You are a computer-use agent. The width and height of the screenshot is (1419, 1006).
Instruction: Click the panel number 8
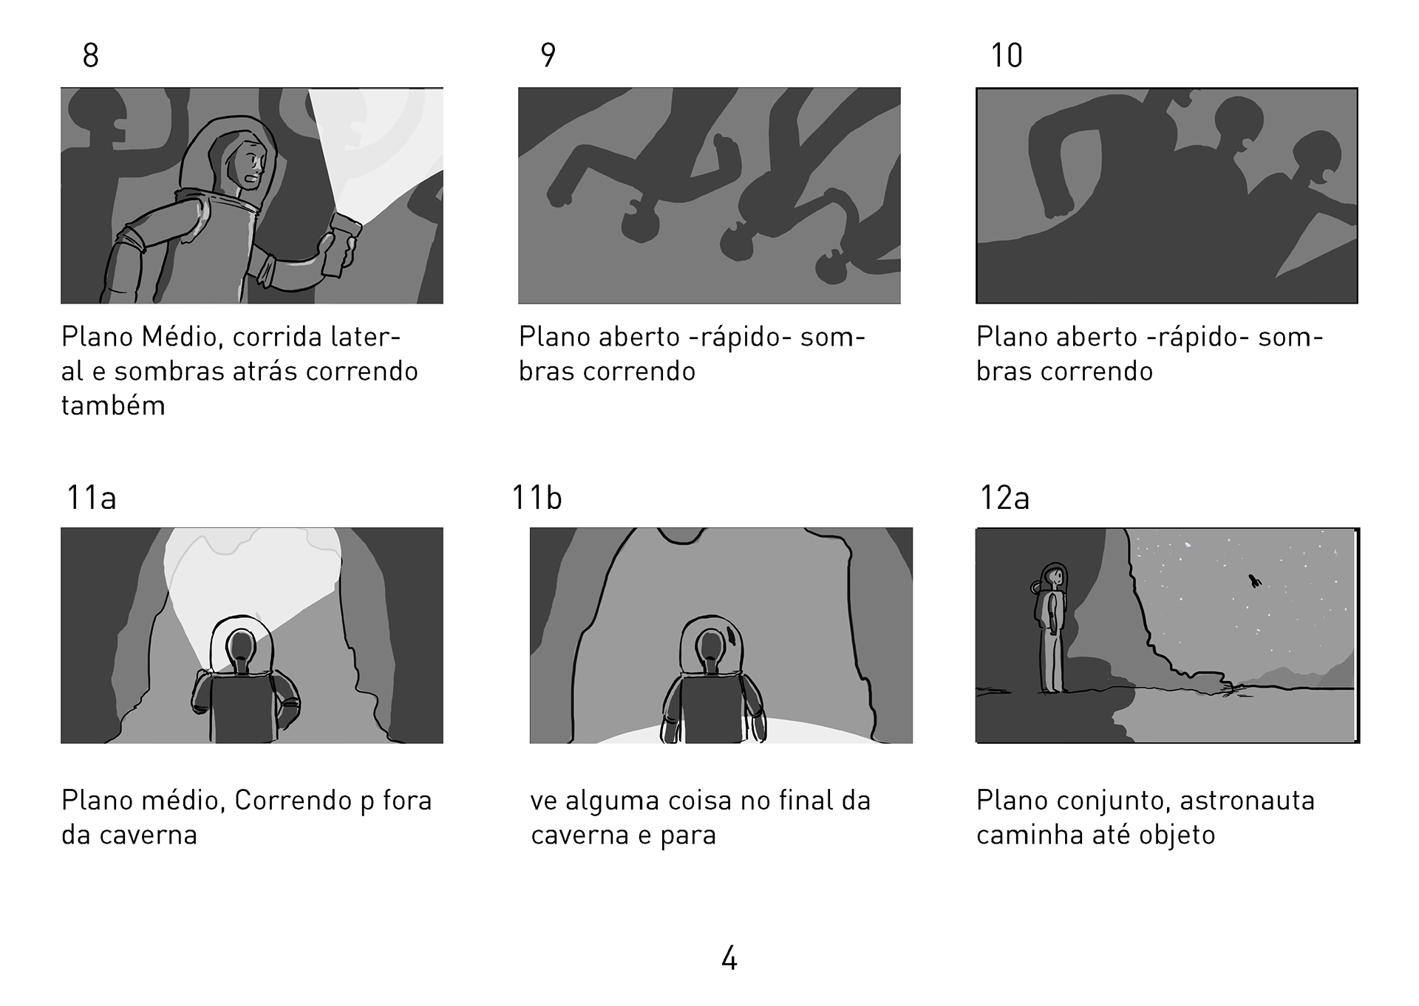(x=91, y=55)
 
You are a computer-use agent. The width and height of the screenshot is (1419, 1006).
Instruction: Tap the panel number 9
(x=548, y=55)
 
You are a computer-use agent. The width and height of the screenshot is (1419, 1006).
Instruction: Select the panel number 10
(x=1006, y=55)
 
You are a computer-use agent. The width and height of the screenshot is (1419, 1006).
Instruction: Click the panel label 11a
(x=92, y=498)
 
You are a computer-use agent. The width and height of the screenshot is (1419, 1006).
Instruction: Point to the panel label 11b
(x=537, y=498)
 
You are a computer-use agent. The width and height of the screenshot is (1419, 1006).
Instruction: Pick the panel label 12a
(x=1004, y=498)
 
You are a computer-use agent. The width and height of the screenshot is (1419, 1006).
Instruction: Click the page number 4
(x=729, y=959)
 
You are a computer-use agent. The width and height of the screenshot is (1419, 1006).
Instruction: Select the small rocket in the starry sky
(x=1254, y=581)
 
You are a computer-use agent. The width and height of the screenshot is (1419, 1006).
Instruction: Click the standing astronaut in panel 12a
(x=1051, y=628)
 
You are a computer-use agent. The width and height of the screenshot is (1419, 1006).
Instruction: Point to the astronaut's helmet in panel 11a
(x=241, y=643)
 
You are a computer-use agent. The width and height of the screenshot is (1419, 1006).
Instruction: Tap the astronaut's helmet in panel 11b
(x=711, y=644)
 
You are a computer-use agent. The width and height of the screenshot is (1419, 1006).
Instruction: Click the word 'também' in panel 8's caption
(x=113, y=406)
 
